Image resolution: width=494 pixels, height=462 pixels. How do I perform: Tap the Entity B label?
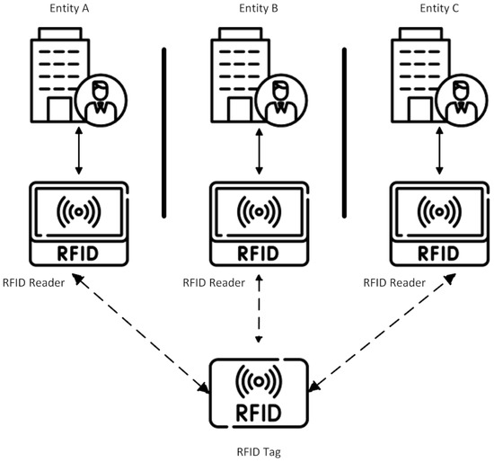tap(260, 9)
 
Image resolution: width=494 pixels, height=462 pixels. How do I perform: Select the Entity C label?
tap(439, 9)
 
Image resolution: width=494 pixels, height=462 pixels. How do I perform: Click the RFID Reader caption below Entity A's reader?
tap(33, 281)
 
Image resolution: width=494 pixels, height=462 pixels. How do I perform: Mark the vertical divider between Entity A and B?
tap(164, 132)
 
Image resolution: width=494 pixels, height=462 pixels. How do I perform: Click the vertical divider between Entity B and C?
tap(344, 132)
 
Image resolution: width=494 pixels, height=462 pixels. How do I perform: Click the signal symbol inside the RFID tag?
tap(260, 380)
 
